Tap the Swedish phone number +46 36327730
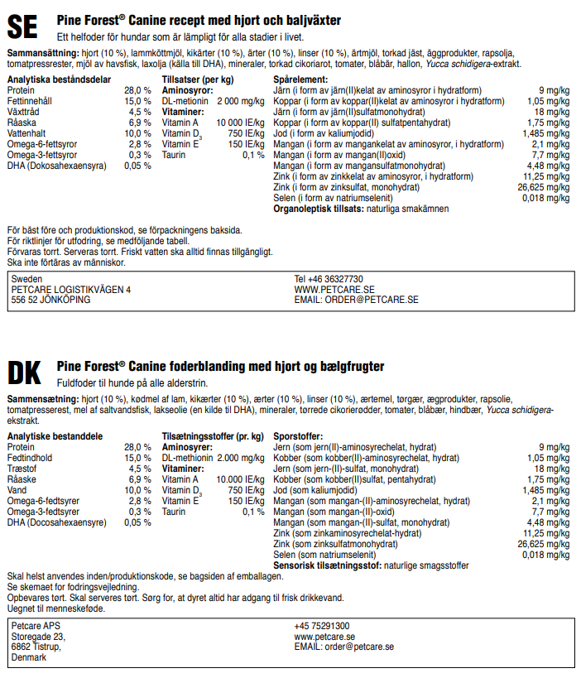tap(329, 279)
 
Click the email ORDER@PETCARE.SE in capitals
tap(356, 300)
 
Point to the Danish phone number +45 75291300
tap(322, 627)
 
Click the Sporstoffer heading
tap(298, 436)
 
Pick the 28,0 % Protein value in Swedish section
tap(137, 90)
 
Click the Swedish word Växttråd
tap(26, 112)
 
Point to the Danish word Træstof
tap(23, 469)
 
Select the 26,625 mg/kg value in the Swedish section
tap(543, 187)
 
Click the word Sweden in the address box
tap(26, 279)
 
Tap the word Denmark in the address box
tap(29, 658)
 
